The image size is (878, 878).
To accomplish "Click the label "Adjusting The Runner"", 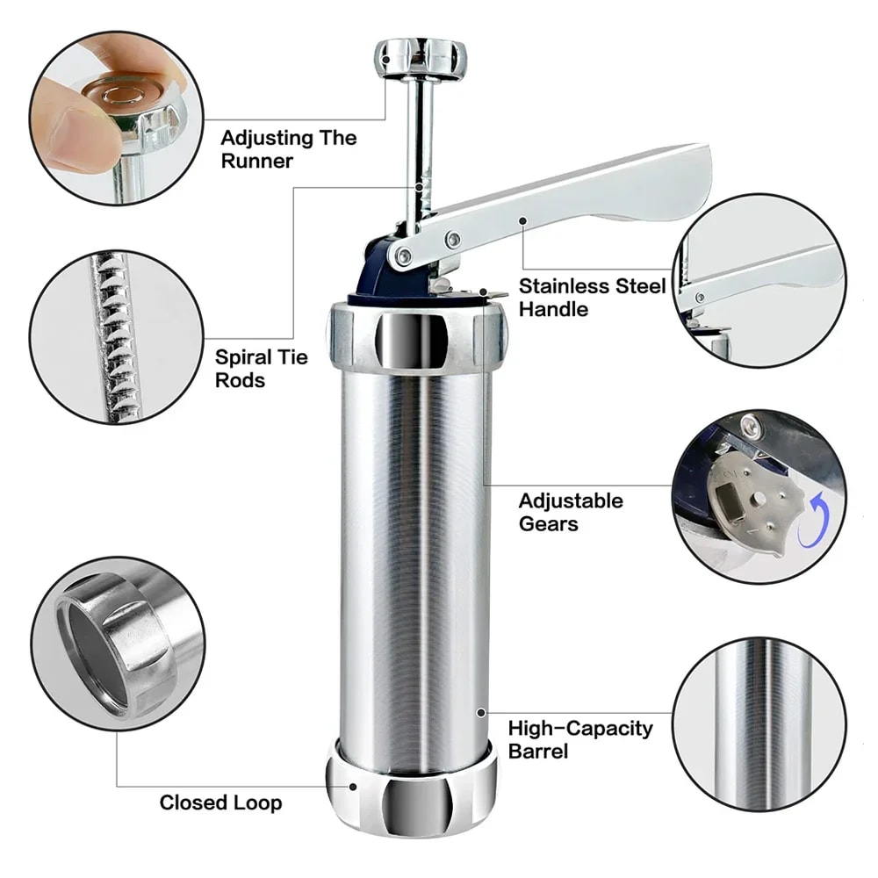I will coord(288,149).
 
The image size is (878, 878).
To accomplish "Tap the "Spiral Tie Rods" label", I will coord(262,369).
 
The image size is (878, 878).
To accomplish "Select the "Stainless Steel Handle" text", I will coord(591,297).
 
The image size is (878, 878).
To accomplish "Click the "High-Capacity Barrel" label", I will coord(580,739).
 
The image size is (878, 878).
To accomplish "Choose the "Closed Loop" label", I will coord(220,802).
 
